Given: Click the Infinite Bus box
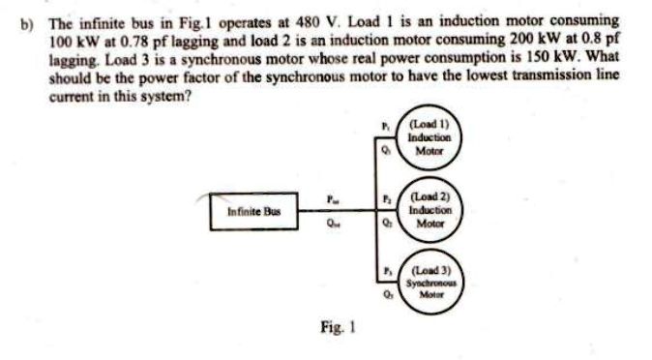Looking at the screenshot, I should tap(248, 211).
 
